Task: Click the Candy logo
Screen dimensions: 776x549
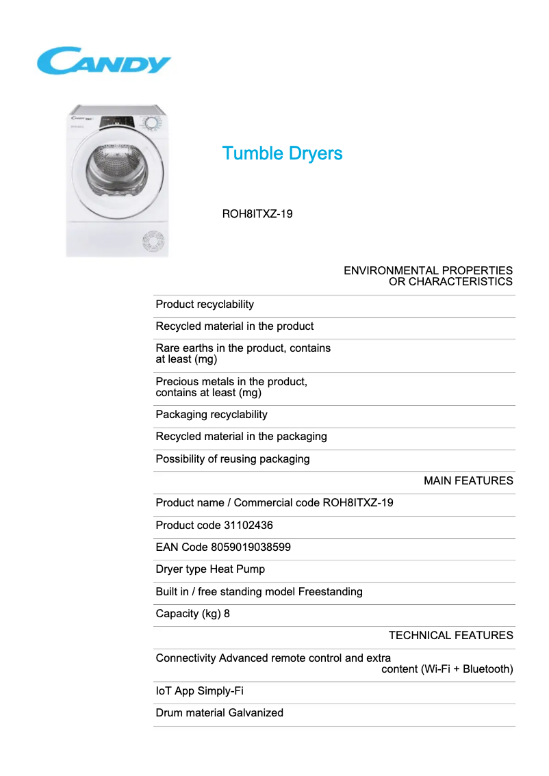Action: tap(103, 61)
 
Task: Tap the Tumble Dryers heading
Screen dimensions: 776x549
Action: tap(282, 153)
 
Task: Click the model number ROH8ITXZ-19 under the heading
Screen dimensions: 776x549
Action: tap(257, 214)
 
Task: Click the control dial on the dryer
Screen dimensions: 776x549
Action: tap(151, 123)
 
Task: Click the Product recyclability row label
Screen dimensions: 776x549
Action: tap(205, 305)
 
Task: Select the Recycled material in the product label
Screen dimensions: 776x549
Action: tap(235, 326)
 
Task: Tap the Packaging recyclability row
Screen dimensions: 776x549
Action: tap(212, 415)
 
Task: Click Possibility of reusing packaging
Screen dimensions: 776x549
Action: tap(233, 459)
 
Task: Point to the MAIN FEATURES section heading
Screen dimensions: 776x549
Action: tap(468, 481)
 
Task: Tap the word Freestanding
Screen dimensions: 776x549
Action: tap(330, 592)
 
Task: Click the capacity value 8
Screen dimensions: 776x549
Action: tap(227, 614)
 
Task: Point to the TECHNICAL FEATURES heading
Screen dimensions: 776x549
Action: tap(450, 636)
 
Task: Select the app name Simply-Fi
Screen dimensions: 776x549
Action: tap(220, 691)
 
